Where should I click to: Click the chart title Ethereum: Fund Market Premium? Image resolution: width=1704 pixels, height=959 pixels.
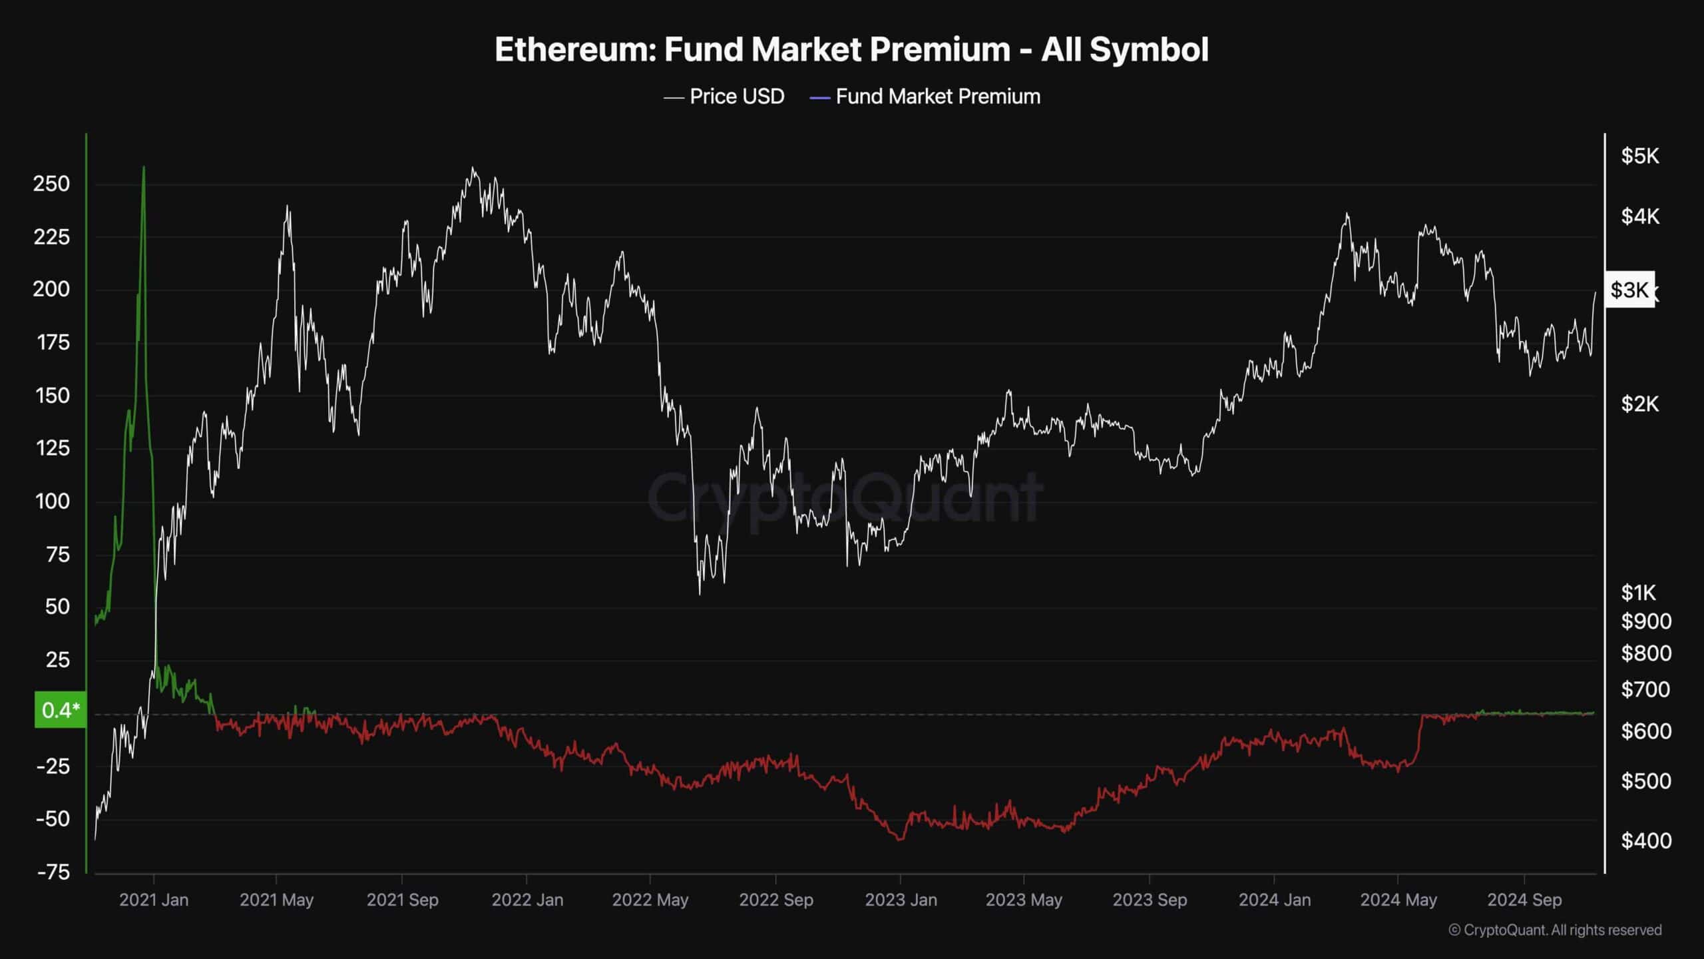coord(851,50)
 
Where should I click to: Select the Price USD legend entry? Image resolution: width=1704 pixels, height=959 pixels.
coord(724,97)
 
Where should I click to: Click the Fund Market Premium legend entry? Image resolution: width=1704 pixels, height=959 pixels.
coord(925,97)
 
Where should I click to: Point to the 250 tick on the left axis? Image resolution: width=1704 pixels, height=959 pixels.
coord(51,184)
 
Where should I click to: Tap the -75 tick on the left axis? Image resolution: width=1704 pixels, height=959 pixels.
coord(53,872)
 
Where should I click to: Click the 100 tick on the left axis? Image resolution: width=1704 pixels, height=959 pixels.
coord(52,501)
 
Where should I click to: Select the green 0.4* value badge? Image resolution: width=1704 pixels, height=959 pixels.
coord(60,710)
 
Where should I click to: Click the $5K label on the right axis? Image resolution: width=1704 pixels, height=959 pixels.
coord(1640,157)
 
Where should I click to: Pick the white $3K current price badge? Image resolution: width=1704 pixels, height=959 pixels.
coord(1629,290)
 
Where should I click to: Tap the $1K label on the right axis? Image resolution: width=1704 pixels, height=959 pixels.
coord(1638,592)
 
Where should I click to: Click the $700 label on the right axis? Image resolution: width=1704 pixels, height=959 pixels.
coord(1645,689)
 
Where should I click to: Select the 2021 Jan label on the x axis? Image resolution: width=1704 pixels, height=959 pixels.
coord(154,900)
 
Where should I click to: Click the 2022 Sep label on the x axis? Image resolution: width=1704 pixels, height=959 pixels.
coord(776,900)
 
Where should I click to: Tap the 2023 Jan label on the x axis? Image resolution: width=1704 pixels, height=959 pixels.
coord(901,900)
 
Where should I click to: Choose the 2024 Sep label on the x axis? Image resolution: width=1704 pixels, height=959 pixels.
coord(1524,900)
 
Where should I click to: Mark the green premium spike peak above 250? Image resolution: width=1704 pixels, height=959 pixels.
coord(144,167)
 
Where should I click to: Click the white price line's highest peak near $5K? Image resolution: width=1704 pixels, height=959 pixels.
coord(473,168)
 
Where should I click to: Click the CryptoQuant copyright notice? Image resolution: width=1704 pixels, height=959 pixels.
coord(1555,930)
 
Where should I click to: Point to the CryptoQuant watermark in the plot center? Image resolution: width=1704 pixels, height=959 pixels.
coord(845,497)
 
